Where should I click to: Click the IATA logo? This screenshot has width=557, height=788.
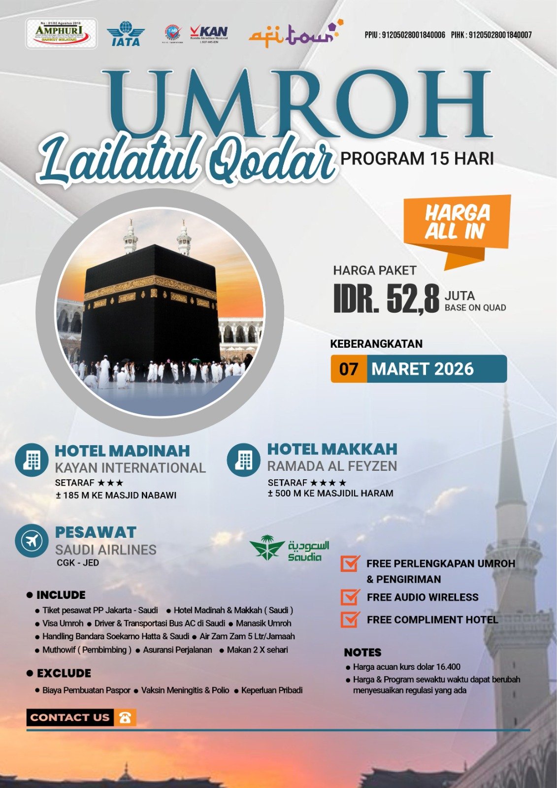click(126, 34)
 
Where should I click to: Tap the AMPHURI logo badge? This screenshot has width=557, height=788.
click(61, 33)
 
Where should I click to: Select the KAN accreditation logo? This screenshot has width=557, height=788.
click(209, 34)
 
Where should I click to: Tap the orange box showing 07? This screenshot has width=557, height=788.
click(349, 369)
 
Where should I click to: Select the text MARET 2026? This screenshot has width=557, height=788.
click(423, 369)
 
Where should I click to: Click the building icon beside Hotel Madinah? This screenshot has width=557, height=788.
click(32, 460)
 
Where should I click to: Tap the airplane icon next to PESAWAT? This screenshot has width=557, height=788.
click(32, 540)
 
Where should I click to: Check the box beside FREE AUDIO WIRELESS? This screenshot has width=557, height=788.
click(350, 597)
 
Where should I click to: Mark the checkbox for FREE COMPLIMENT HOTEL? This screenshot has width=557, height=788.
click(350, 619)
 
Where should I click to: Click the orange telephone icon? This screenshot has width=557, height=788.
click(125, 718)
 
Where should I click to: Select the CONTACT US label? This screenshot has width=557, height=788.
click(70, 718)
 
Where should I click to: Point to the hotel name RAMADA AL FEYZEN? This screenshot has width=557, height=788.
click(332, 466)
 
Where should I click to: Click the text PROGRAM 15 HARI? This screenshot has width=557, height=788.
click(417, 159)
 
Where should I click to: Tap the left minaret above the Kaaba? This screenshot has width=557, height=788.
click(131, 237)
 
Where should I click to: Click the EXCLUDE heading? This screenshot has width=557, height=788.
click(64, 673)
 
